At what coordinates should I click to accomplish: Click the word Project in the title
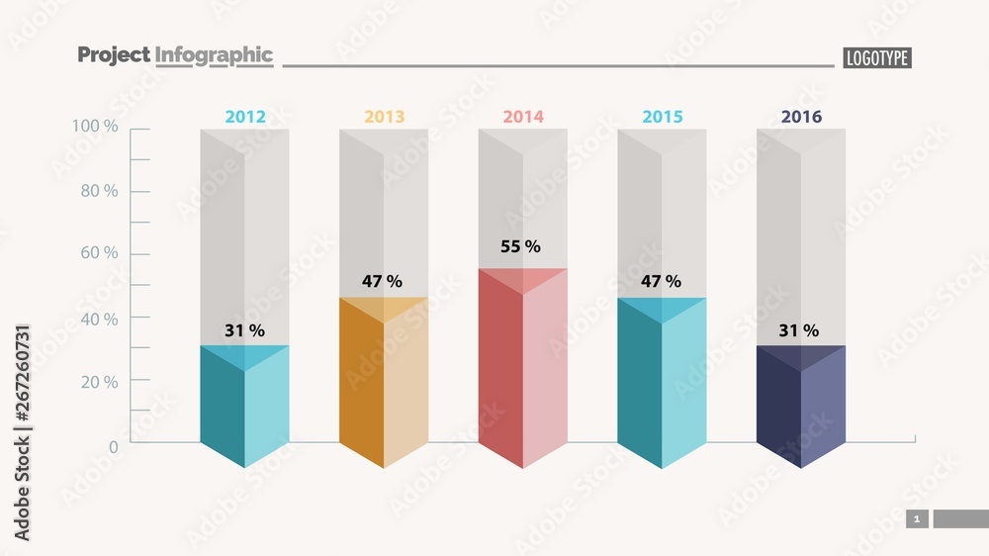tap(113, 55)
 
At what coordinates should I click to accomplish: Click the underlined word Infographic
tap(214, 55)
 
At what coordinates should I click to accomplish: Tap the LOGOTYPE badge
tap(876, 58)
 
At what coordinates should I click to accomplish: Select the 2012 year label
tap(245, 117)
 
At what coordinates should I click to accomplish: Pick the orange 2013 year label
tap(384, 117)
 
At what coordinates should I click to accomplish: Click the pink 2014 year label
tap(523, 117)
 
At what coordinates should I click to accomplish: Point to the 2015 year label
tap(663, 117)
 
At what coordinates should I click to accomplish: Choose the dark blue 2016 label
tap(801, 117)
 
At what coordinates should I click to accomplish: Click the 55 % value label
tap(520, 246)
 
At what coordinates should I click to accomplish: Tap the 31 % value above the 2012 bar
tap(244, 330)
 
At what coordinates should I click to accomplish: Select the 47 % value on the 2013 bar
tap(382, 281)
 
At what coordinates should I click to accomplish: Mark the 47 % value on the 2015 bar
tap(661, 281)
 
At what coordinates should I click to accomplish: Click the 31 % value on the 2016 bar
tap(798, 330)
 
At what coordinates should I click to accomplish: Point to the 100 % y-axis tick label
tap(95, 127)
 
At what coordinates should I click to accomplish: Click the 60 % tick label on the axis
tap(99, 253)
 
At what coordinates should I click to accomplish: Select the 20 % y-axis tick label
tap(99, 382)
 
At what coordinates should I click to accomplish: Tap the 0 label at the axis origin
tap(113, 447)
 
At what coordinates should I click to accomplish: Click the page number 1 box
tap(917, 519)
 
